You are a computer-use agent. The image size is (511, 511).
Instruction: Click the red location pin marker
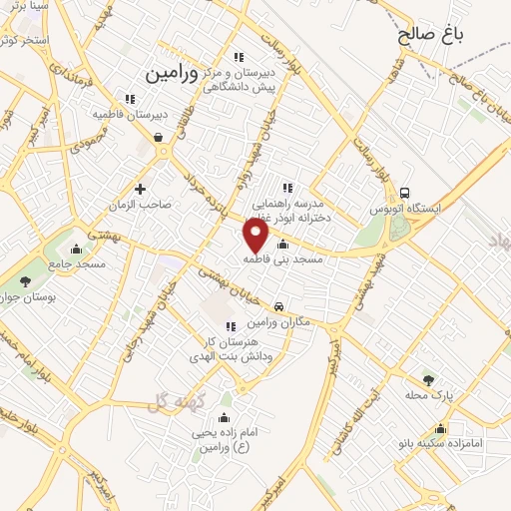pos(256,236)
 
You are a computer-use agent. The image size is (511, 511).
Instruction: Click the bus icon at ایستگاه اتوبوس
pos(404,193)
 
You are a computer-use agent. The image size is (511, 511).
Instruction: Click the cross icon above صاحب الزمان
pos(140,188)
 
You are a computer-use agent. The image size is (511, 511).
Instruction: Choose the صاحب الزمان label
pos(142,204)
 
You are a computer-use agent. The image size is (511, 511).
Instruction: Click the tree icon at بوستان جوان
pos(24,282)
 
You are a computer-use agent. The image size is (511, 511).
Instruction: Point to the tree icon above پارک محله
pos(429,379)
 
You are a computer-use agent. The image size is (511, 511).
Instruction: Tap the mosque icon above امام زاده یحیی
pos(223,417)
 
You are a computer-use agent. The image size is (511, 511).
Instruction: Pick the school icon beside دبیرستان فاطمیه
pos(129,98)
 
